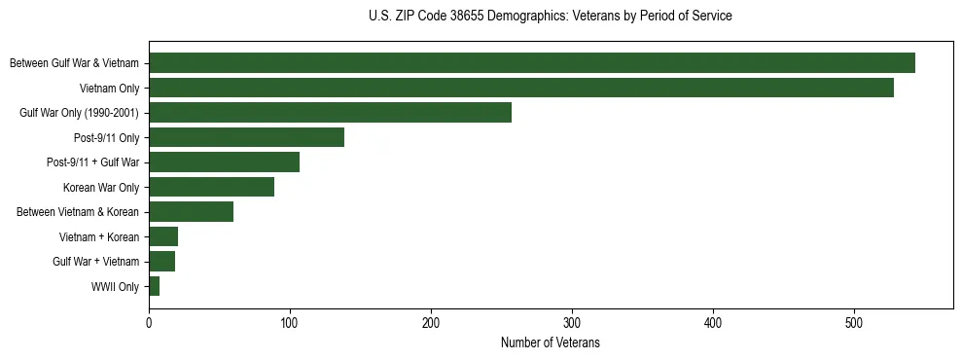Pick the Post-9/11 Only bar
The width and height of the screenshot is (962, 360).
click(x=246, y=137)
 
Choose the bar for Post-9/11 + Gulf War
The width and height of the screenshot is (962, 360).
click(x=224, y=162)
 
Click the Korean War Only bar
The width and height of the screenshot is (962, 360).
click(x=211, y=187)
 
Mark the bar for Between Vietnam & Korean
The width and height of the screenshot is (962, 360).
click(x=191, y=212)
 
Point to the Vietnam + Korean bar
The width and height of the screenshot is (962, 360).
click(x=163, y=236)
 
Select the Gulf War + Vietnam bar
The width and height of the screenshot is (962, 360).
click(x=161, y=262)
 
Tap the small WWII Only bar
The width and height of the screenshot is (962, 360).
click(x=154, y=287)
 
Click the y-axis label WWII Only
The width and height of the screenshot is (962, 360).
click(x=115, y=287)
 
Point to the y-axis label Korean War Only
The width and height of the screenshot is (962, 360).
click(x=101, y=187)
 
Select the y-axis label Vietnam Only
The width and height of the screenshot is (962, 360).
click(x=109, y=88)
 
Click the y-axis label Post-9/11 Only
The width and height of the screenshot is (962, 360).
click(x=107, y=137)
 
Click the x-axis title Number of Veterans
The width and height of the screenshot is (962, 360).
click(x=551, y=342)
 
